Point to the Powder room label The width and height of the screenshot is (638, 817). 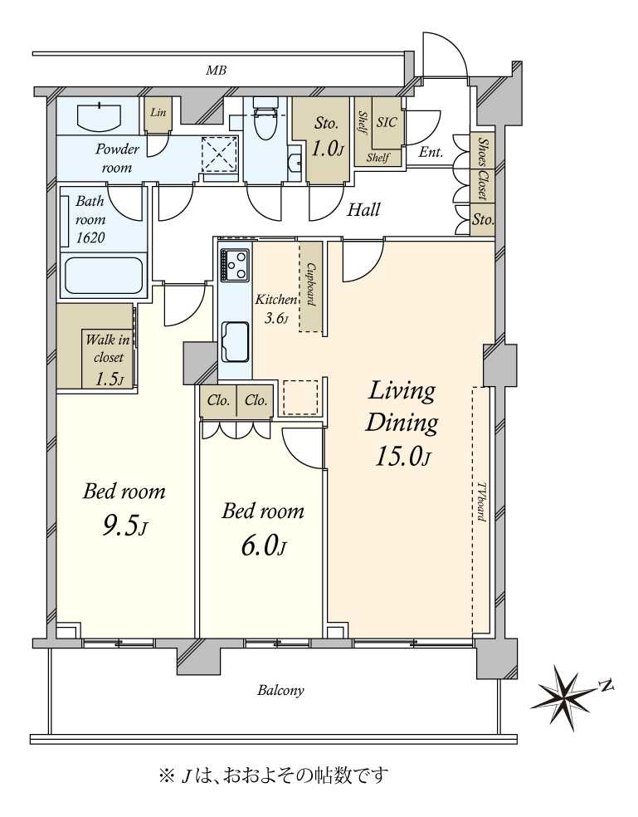[x=117, y=159]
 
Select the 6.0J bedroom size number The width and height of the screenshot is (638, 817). [x=264, y=547]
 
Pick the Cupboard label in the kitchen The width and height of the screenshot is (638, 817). [x=311, y=284]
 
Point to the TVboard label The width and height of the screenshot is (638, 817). [x=480, y=501]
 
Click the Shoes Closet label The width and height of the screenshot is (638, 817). [x=484, y=169]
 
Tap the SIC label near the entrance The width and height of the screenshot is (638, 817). [x=387, y=122]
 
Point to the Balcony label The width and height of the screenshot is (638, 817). [x=280, y=691]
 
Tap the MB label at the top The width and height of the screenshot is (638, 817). [x=216, y=71]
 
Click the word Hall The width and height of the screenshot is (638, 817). [x=363, y=210]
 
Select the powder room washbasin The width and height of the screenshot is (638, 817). [x=100, y=115]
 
